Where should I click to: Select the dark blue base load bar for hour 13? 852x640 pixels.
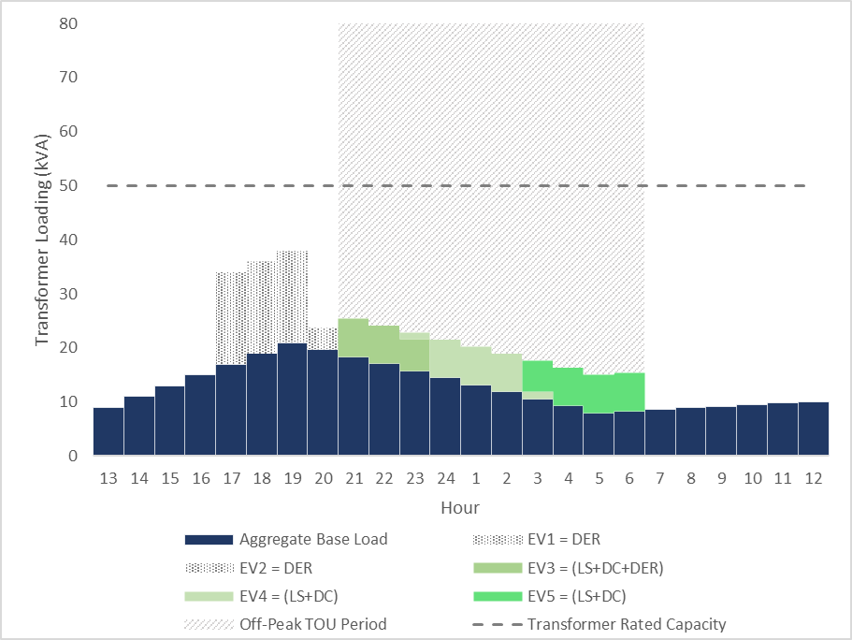click(108, 431)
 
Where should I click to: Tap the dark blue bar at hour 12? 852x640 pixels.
click(813, 429)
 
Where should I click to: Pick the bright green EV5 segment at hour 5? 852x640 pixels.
click(599, 394)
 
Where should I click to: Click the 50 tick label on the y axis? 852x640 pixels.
click(67, 185)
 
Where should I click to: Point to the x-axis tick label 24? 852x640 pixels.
click(445, 478)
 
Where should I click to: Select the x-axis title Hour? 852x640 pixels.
click(460, 508)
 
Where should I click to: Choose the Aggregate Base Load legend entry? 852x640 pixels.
click(313, 540)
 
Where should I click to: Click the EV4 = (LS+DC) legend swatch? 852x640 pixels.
click(208, 596)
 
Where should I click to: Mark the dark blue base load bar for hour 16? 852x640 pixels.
click(200, 415)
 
